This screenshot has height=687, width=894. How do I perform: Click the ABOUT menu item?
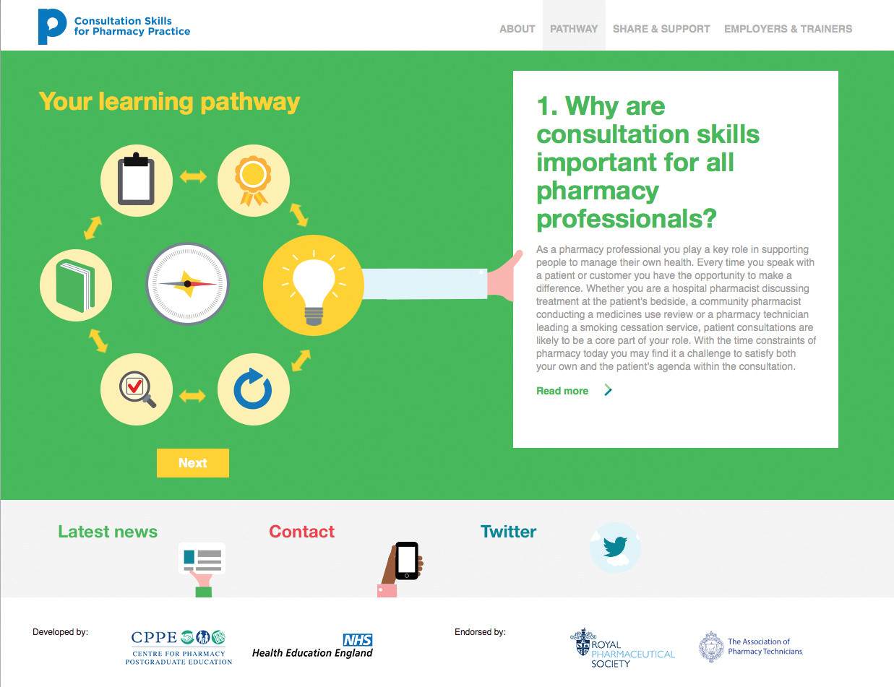(x=517, y=29)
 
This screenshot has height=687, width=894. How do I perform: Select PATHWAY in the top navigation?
(x=574, y=29)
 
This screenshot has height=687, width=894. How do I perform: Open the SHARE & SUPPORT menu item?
(x=661, y=29)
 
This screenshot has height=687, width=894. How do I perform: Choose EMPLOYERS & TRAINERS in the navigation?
(x=788, y=29)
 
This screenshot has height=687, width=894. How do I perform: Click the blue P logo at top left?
(x=52, y=26)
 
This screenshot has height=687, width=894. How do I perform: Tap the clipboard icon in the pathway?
(x=136, y=180)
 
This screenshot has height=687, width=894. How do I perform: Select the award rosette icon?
(x=254, y=180)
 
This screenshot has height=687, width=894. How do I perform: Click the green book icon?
(x=76, y=285)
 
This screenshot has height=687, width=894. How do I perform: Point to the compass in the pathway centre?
(x=188, y=284)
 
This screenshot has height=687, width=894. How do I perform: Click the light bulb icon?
(x=314, y=285)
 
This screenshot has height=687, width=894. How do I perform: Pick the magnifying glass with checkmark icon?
(x=137, y=389)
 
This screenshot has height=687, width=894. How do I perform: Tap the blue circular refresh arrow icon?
(x=254, y=389)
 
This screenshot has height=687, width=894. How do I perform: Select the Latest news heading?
(x=108, y=532)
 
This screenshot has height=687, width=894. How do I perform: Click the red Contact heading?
(x=301, y=532)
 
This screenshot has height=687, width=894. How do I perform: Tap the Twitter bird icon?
(x=615, y=547)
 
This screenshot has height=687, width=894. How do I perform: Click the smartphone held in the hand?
(x=406, y=561)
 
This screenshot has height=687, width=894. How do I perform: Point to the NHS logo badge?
(x=358, y=640)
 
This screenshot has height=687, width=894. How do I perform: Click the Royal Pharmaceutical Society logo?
(x=622, y=649)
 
